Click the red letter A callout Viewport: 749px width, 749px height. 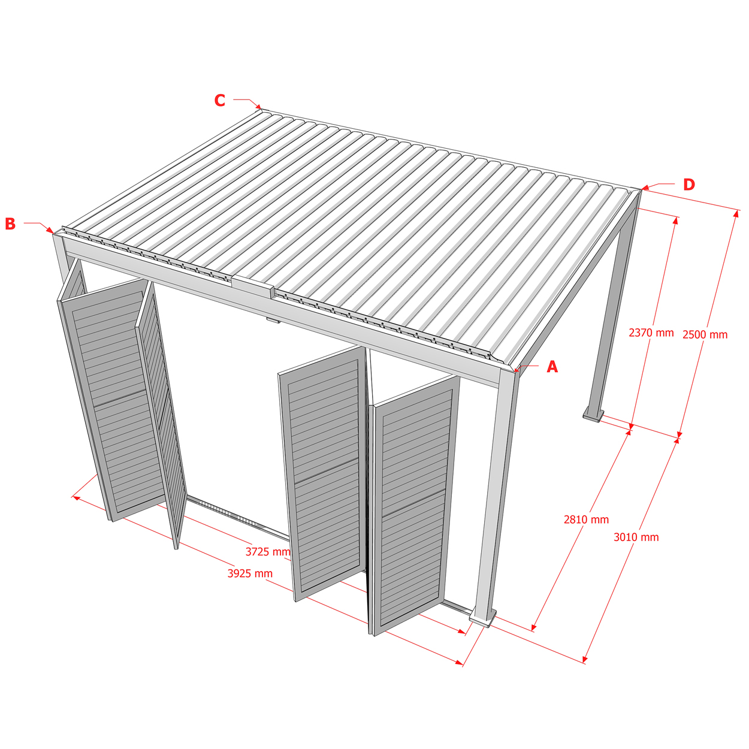point(552,367)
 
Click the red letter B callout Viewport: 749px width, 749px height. point(10,224)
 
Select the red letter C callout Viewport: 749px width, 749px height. point(220,100)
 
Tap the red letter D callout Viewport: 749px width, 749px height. point(688,185)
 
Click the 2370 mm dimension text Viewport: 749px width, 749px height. point(651,333)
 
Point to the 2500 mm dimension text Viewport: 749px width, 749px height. point(705,335)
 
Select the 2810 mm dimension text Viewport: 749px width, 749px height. point(586,520)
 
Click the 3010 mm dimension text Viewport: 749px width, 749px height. point(636,537)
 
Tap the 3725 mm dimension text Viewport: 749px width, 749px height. point(268,551)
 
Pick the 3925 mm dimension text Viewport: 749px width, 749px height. point(250,573)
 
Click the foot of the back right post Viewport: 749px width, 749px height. point(593,415)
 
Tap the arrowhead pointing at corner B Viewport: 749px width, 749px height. point(50,231)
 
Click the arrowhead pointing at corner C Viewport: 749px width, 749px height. point(258,107)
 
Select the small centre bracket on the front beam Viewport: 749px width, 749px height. point(272,321)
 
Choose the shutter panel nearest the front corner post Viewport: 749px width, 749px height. point(414,505)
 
